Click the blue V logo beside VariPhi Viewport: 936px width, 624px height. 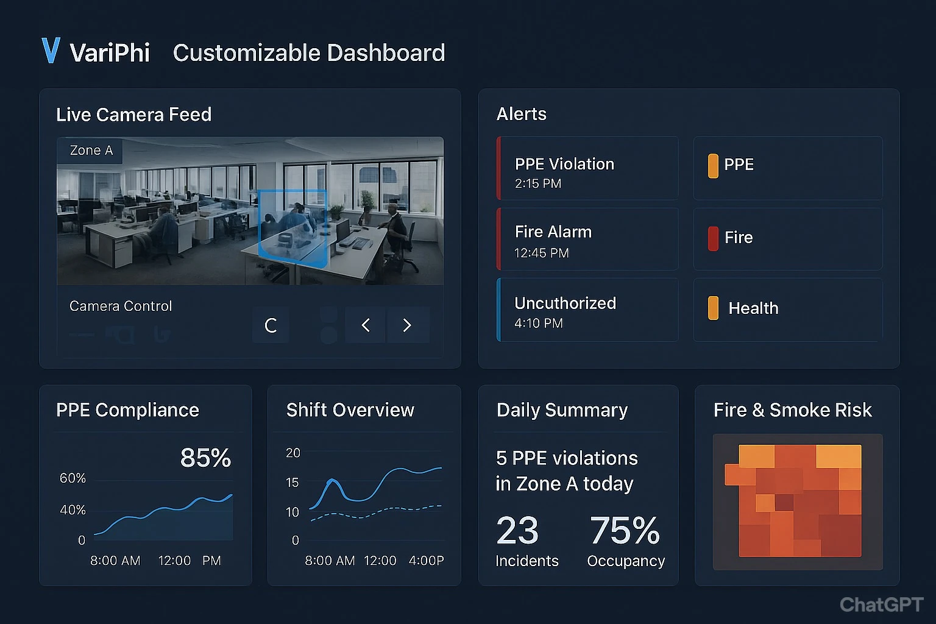(x=51, y=51)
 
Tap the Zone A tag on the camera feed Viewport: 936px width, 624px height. (x=91, y=151)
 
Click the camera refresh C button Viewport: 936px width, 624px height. (x=271, y=325)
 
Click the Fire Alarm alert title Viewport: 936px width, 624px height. (x=553, y=232)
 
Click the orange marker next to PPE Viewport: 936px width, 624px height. (x=713, y=166)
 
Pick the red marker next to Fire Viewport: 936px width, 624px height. (x=713, y=238)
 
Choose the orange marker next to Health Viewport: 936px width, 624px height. (x=713, y=308)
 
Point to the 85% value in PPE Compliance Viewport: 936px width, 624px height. (x=205, y=458)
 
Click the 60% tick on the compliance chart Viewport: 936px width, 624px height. (x=73, y=478)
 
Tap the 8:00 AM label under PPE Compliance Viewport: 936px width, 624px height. (x=115, y=561)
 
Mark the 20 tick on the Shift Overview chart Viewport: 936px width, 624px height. (x=293, y=453)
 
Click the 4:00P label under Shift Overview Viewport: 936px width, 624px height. (x=426, y=561)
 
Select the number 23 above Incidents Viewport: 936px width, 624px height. (x=517, y=530)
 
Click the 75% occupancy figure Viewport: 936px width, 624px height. (x=625, y=530)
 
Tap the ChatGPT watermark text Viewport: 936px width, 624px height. (x=881, y=604)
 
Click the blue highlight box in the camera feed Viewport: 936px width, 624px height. (x=292, y=225)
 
